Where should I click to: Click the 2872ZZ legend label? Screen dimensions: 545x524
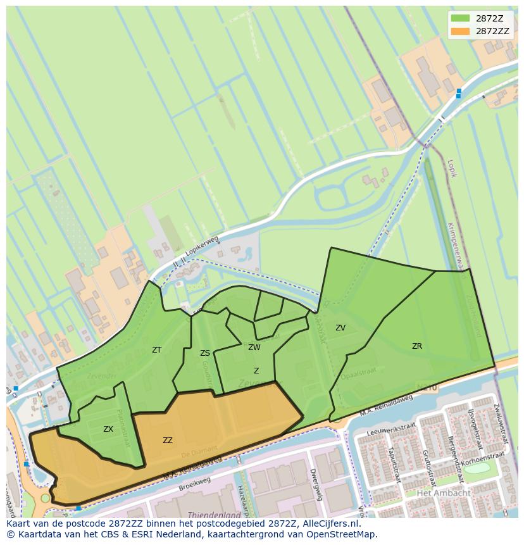tap(492, 31)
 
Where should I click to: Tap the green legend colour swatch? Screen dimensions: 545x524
tap(460, 18)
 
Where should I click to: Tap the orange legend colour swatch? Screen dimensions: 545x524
tap(460, 31)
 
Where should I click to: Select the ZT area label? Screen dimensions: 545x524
tap(157, 350)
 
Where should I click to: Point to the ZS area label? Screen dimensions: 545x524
tap(205, 353)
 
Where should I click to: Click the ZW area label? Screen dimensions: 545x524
tap(254, 348)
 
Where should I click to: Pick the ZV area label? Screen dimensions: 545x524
tap(340, 328)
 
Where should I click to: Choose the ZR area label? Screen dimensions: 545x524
tap(417, 346)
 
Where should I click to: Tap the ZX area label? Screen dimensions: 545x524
tap(108, 429)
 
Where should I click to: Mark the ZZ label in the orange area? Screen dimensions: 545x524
tap(168, 441)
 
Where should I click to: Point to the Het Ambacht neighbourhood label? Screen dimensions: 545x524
tap(444, 493)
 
